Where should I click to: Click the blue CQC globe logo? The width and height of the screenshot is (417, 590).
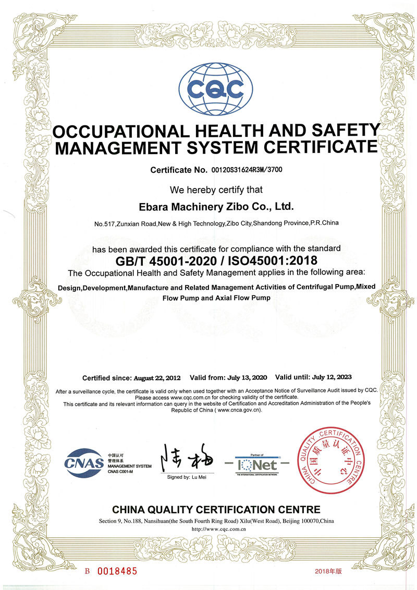click(215, 90)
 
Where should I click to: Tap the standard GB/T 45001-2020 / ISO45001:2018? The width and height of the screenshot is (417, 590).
click(216, 260)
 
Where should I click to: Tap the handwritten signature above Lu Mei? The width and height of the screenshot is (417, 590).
click(180, 458)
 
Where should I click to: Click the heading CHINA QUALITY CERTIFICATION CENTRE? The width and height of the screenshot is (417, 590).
click(216, 509)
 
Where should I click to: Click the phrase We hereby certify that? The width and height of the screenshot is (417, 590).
click(216, 190)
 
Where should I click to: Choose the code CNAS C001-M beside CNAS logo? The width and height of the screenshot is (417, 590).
click(121, 472)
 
